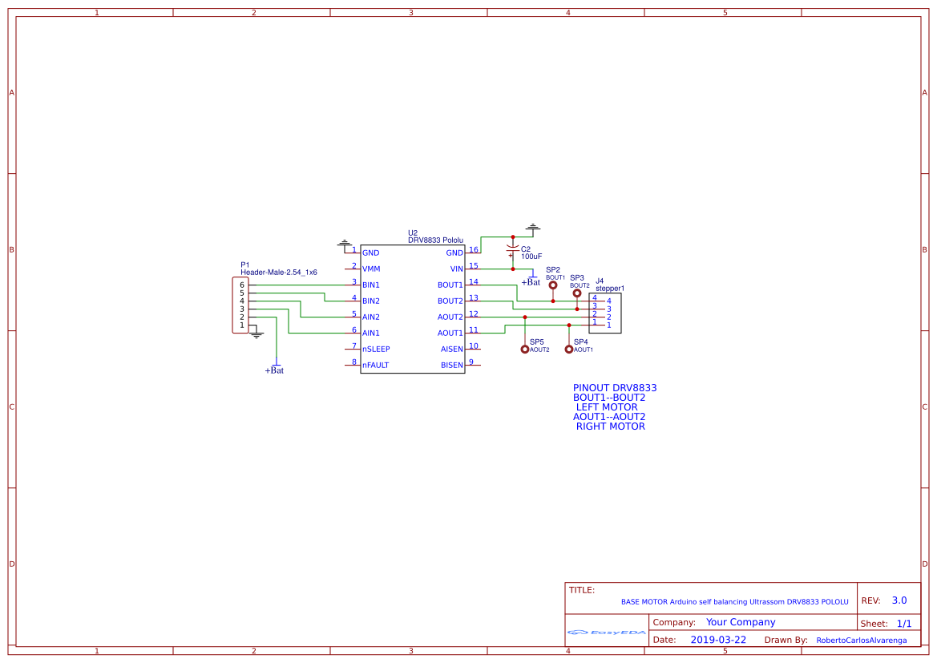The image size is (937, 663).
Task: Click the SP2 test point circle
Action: pyautogui.click(x=552, y=285)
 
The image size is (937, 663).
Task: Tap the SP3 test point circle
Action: pyautogui.click(x=577, y=293)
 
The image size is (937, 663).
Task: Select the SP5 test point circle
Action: pyautogui.click(x=524, y=349)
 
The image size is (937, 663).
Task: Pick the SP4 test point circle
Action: pyautogui.click(x=569, y=349)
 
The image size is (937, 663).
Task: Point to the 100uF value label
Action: pyautogui.click(x=531, y=257)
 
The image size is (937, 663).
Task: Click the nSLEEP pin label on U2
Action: pyautogui.click(x=376, y=350)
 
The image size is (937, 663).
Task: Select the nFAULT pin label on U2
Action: pyautogui.click(x=375, y=366)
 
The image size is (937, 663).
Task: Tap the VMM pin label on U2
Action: pyautogui.click(x=371, y=269)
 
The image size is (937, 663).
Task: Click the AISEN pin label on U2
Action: pyautogui.click(x=452, y=350)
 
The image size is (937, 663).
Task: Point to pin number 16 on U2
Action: pyautogui.click(x=474, y=250)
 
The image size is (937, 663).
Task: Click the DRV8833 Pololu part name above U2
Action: pyautogui.click(x=435, y=241)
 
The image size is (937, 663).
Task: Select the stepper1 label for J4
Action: pyautogui.click(x=610, y=288)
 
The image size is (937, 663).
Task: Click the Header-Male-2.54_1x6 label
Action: pyautogui.click(x=279, y=273)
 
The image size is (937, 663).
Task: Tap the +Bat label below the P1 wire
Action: pyautogui.click(x=274, y=370)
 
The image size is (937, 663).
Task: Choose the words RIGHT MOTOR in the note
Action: pyautogui.click(x=610, y=427)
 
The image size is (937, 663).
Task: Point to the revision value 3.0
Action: pyautogui.click(x=899, y=600)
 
